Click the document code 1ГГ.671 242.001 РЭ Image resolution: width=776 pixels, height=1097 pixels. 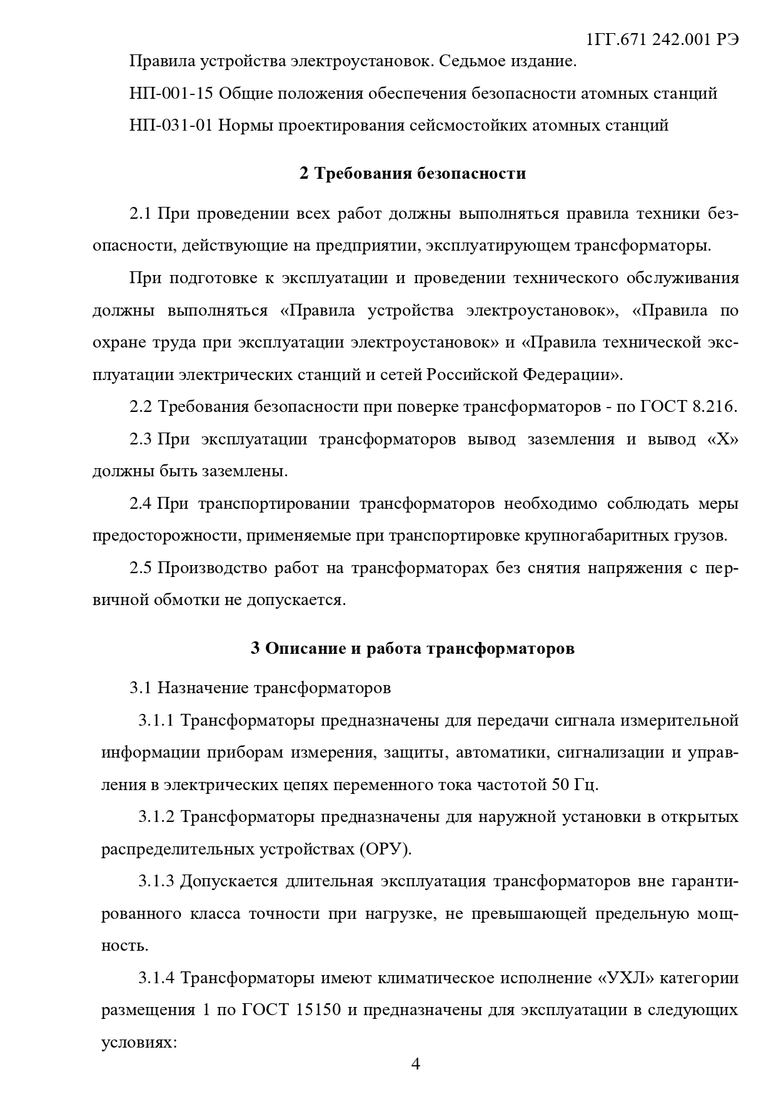click(663, 40)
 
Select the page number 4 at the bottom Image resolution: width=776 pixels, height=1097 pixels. click(415, 1064)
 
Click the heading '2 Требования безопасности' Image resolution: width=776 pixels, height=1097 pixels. click(413, 173)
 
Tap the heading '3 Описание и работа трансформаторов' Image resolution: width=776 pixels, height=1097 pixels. click(413, 648)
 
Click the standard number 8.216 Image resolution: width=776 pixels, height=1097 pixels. click(715, 407)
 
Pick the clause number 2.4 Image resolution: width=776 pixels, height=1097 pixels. click(141, 504)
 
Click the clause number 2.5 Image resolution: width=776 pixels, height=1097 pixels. click(141, 568)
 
